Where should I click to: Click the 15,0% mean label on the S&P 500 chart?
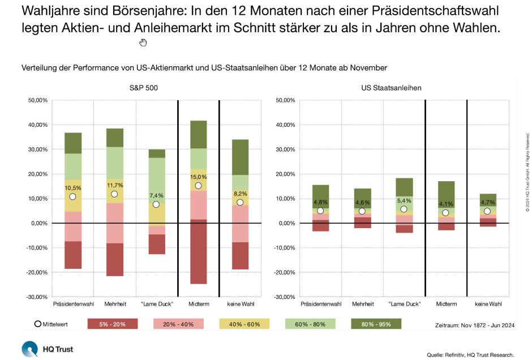pos(198,177)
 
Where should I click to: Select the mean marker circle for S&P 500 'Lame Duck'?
pos(156,204)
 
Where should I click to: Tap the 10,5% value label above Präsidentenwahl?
pos(73,188)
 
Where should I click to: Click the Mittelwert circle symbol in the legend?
pos(38,324)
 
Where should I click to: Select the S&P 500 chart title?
pos(156,88)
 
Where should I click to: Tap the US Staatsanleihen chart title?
pos(391,88)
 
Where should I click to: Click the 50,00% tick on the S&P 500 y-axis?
pos(37,100)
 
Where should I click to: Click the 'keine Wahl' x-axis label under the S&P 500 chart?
pos(240,303)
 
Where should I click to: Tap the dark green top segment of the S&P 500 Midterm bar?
pos(198,135)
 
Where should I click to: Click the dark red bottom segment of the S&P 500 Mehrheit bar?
pos(115,259)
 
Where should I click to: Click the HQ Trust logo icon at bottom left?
pos(30,349)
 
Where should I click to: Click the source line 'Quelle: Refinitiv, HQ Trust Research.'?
pos(470,355)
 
